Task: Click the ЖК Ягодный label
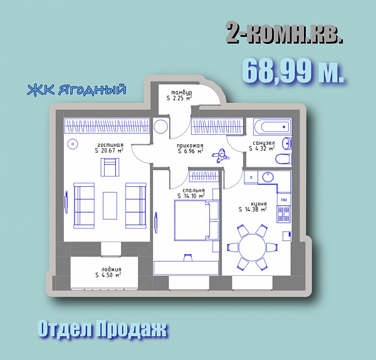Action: click(x=76, y=90)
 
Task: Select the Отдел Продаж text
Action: click(x=102, y=329)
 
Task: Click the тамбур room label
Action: click(x=182, y=92)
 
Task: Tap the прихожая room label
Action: click(x=190, y=146)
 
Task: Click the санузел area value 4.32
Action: click(x=261, y=149)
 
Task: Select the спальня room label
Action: click(x=193, y=190)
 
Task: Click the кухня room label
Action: click(x=259, y=204)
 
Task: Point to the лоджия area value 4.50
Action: click(x=107, y=275)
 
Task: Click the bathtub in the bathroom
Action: click(x=273, y=127)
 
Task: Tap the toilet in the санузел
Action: click(x=283, y=159)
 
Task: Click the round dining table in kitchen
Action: click(x=253, y=248)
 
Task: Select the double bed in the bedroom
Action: click(x=192, y=220)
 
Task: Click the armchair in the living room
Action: click(x=110, y=167)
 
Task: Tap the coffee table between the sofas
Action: click(x=110, y=206)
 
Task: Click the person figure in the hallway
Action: click(x=221, y=156)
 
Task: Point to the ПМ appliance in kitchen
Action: click(x=284, y=199)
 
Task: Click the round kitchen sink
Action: click(x=268, y=177)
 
